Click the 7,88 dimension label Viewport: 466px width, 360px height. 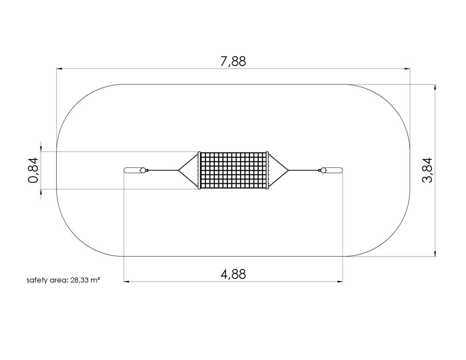click(x=233, y=62)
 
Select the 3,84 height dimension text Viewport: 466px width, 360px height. click(x=428, y=170)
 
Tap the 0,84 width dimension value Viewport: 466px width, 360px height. click(x=33, y=170)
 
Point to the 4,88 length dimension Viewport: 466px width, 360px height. click(x=233, y=274)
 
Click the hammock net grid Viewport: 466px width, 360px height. click(x=233, y=170)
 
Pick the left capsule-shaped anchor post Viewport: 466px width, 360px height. click(x=132, y=171)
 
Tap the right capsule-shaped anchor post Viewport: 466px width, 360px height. click(x=335, y=171)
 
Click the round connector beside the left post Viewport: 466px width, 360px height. click(x=143, y=171)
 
